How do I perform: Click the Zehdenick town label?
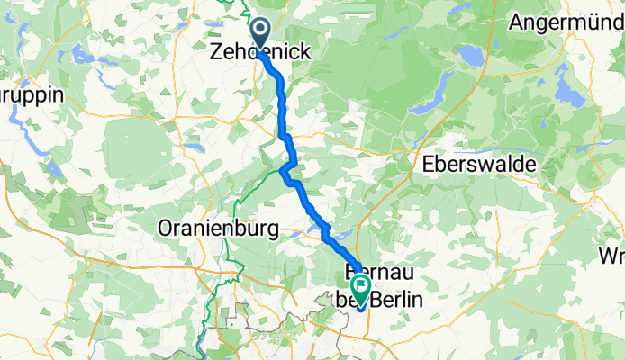(x=261, y=53)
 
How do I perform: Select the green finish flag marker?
(x=360, y=290)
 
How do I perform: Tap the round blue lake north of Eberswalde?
(x=470, y=56)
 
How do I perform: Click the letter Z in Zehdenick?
(x=216, y=53)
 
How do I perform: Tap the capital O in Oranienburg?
(x=165, y=229)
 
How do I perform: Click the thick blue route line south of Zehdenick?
(x=281, y=99)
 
